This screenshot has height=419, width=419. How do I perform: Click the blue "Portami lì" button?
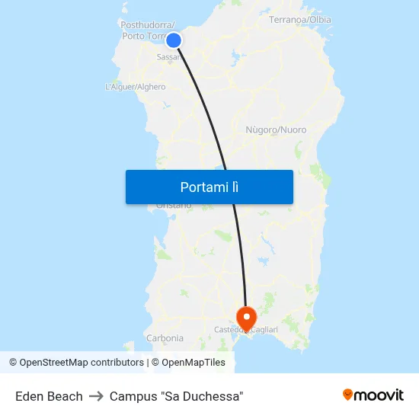point(209,187)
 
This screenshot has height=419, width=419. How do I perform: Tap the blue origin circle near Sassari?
point(174,40)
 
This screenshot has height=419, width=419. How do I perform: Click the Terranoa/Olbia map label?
point(300,19)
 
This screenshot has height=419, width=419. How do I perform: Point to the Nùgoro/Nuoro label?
point(276,130)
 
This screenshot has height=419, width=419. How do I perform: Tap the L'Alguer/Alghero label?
point(135,87)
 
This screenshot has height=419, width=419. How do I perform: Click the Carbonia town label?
point(165,337)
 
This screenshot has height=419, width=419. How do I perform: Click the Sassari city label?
point(168,57)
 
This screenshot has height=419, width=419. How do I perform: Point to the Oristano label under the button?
point(174,206)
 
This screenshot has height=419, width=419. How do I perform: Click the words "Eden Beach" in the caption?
point(49,396)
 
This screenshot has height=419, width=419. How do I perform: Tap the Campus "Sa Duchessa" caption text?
point(176,396)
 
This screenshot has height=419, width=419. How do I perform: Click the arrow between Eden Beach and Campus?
point(96,396)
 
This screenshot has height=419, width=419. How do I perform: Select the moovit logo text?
point(379,395)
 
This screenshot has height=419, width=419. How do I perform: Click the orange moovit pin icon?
point(348,395)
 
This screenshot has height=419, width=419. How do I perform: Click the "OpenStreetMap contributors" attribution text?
point(82,363)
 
